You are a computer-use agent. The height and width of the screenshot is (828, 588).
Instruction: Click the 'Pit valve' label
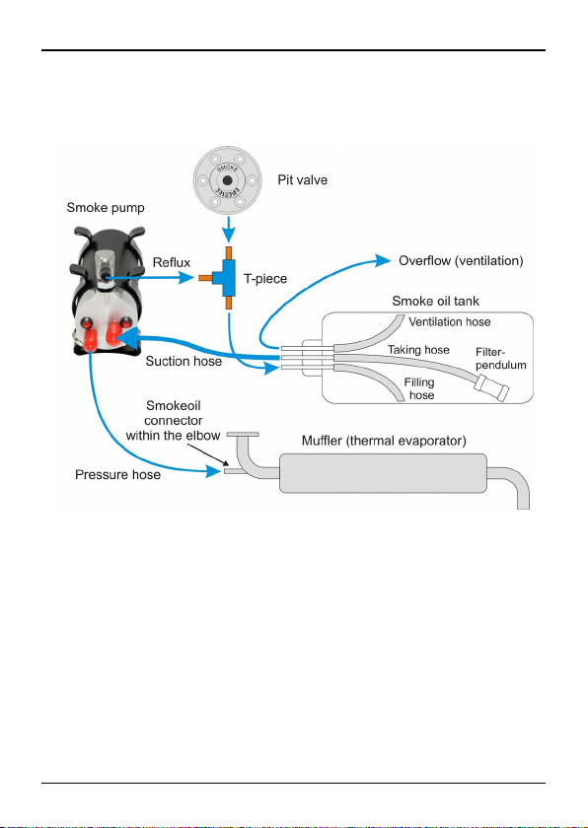[x=303, y=180]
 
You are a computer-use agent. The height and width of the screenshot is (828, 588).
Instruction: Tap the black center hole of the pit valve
[x=227, y=181]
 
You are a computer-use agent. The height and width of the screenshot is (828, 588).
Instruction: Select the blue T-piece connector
[x=226, y=278]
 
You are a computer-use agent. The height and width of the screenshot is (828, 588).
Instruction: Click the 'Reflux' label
[x=172, y=262]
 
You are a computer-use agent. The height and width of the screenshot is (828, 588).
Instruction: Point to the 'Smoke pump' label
[x=106, y=208]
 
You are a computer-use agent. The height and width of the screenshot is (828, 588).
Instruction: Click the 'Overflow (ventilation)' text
[x=461, y=261]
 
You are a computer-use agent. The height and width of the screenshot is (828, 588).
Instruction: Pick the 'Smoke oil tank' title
[x=436, y=301]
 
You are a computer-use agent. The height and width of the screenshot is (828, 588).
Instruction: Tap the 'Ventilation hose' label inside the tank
[x=450, y=321]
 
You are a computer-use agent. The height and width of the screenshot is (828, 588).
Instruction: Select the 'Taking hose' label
[x=418, y=350]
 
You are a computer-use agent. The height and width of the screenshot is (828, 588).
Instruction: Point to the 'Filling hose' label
[x=419, y=388]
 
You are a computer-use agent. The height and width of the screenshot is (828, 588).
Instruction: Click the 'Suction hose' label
[x=184, y=361]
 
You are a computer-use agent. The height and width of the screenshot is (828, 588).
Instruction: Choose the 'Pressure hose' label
[x=117, y=475]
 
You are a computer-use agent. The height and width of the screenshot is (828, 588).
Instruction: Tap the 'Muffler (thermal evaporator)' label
[x=384, y=441]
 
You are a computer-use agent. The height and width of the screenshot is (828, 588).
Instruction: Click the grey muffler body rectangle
[x=383, y=473]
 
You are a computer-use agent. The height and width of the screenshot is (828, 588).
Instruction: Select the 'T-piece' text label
[x=265, y=279]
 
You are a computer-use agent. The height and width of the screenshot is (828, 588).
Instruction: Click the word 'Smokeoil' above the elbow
[x=174, y=406]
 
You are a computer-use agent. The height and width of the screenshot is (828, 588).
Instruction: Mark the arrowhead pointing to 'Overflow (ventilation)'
[x=384, y=260]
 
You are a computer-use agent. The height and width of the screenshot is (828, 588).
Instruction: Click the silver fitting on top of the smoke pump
[x=106, y=268]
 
